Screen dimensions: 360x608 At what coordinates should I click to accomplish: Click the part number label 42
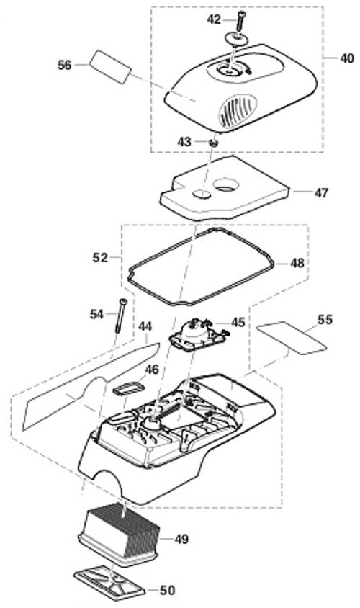[x=214, y=19]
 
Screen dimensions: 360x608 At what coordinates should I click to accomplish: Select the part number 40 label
[x=347, y=58]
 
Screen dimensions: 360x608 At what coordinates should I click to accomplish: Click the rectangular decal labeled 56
[x=110, y=66]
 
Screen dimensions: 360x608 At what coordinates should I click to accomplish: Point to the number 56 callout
[x=65, y=65]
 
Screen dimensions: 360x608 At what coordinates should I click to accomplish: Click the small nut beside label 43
[x=213, y=143]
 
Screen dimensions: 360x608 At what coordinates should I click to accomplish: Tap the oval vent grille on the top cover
[x=237, y=109]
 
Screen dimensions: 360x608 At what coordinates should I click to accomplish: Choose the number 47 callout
[x=321, y=192]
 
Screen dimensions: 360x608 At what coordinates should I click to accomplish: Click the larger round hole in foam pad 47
[x=227, y=184]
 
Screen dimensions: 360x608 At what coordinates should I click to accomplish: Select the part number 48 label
[x=297, y=263]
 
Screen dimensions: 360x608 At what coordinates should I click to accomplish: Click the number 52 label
[x=100, y=256]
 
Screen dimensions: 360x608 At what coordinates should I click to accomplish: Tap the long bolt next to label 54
[x=121, y=316]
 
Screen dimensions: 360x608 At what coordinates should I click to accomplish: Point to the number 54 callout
[x=97, y=313]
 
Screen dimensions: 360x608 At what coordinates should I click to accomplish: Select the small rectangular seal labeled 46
[x=127, y=388]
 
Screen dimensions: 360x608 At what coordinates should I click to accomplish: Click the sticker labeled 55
[x=292, y=337]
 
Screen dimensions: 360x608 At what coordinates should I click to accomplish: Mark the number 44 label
[x=145, y=326]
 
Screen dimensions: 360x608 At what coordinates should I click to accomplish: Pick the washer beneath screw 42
[x=235, y=39]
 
